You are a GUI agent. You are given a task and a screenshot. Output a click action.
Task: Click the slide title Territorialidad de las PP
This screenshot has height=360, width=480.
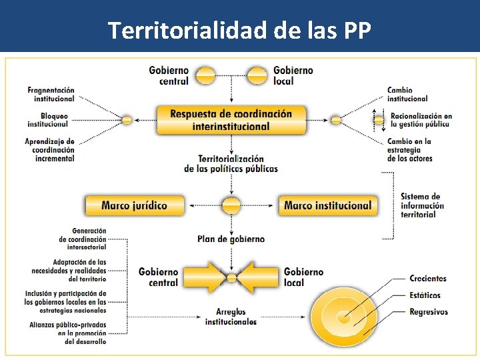(239, 30)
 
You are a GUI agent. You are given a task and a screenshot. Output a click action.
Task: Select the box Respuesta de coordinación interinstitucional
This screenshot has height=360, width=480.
(231, 120)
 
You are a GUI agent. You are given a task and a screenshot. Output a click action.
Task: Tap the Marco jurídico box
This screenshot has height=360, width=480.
(134, 205)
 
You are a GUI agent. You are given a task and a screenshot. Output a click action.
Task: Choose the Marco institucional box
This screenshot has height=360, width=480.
(327, 205)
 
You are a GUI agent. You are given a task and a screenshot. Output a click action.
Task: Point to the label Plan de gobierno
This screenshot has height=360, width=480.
(231, 239)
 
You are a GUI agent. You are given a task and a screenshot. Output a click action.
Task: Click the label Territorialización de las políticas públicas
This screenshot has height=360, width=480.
(231, 164)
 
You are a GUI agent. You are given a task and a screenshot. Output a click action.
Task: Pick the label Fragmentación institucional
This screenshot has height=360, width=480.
(51, 94)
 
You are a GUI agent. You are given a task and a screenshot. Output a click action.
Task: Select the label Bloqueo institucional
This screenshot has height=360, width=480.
(47, 120)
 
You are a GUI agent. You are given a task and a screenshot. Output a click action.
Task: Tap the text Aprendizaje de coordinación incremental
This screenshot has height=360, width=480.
(50, 150)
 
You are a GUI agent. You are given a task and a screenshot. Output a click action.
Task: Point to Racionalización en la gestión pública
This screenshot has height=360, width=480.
(421, 120)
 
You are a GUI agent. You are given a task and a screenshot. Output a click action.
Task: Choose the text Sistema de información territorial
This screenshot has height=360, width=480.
(422, 205)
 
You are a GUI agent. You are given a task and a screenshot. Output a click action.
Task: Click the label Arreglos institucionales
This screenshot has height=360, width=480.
(231, 317)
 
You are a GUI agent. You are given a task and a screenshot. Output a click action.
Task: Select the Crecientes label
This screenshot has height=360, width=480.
(427, 279)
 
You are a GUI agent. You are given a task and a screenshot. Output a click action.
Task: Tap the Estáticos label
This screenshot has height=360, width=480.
(425, 295)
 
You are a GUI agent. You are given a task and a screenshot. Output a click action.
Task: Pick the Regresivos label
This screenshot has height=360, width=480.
(428, 312)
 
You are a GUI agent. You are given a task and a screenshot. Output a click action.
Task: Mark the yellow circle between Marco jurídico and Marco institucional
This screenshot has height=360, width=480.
(231, 205)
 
